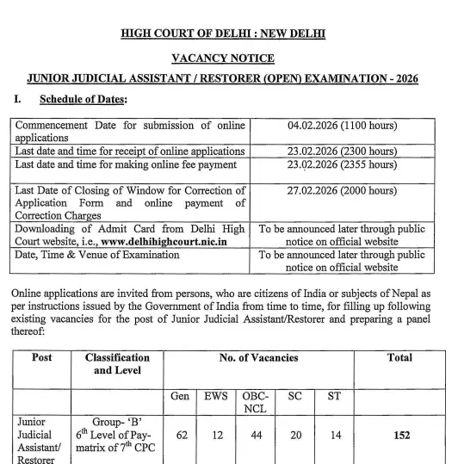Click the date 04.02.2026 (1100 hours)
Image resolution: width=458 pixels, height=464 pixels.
coord(342,126)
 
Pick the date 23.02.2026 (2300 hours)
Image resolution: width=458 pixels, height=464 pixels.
coord(342,152)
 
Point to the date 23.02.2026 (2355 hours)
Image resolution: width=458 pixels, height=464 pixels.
coord(342,164)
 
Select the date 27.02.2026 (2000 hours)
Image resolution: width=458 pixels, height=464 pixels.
coord(342,190)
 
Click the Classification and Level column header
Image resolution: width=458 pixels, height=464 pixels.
coord(117,363)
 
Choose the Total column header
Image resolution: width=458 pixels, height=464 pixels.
coord(399,357)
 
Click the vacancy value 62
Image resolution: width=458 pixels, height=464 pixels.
coord(181,436)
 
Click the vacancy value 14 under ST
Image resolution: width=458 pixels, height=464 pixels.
coord(334,436)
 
